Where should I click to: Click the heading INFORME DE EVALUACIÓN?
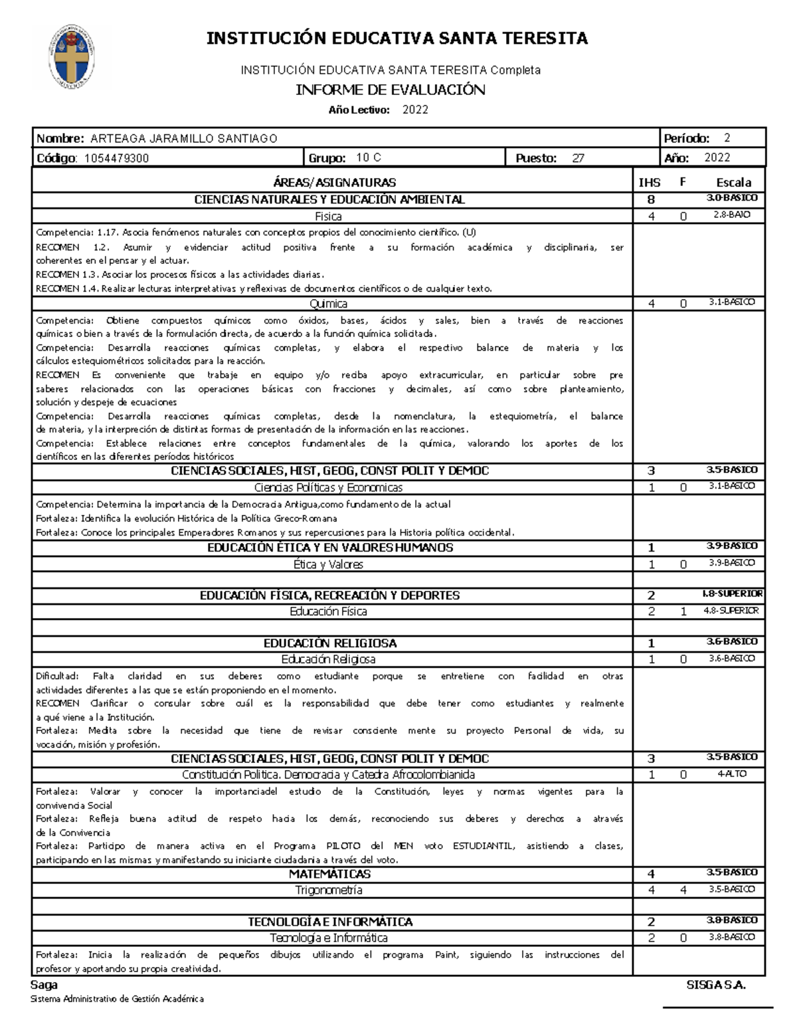tap(390, 90)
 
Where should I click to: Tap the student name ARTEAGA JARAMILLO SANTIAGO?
tap(184, 138)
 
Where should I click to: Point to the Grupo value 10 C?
tap(369, 158)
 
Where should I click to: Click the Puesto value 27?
tap(578, 158)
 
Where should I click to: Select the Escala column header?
tap(733, 182)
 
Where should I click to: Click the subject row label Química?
tap(329, 304)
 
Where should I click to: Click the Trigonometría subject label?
tap(329, 890)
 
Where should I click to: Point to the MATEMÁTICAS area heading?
tap(329, 874)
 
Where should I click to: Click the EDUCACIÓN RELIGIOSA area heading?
tap(330, 643)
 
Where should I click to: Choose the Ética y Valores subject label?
tap(329, 564)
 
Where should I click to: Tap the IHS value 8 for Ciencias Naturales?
tap(651, 199)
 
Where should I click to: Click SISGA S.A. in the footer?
tap(716, 985)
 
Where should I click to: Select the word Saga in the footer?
tap(44, 985)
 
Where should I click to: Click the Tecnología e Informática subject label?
tap(329, 938)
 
